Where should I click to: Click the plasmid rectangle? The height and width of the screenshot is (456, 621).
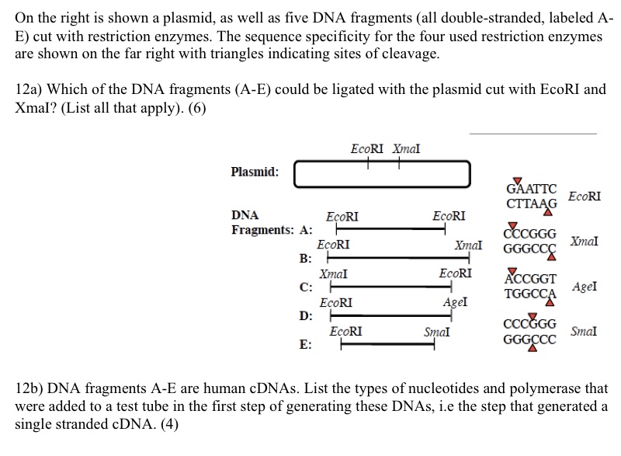(x=382, y=173)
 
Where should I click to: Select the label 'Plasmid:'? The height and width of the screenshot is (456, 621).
(x=255, y=172)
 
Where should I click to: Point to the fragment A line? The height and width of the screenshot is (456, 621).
(x=389, y=229)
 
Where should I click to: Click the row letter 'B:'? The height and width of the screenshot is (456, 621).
(x=306, y=259)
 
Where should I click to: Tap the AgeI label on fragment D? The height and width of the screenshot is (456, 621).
(x=453, y=302)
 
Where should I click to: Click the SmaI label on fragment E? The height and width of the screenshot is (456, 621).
(x=436, y=332)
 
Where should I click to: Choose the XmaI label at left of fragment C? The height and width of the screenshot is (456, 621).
(x=332, y=273)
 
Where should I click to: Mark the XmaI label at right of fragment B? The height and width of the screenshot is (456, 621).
(x=469, y=245)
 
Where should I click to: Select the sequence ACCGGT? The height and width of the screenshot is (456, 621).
(x=530, y=280)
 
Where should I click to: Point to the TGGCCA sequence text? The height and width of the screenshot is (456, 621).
(x=530, y=294)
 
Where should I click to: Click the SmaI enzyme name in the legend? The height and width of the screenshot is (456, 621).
(x=585, y=331)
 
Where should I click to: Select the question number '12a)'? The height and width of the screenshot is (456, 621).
(x=29, y=89)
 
